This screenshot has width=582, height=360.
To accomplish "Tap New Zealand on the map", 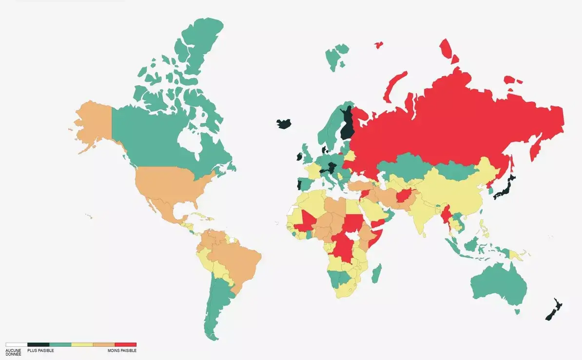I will click(x=554, y=310).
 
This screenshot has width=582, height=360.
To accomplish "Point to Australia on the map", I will click(x=500, y=283).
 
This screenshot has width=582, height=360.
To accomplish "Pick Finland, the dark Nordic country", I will click(x=347, y=125).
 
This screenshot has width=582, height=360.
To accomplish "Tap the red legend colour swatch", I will click(x=125, y=345).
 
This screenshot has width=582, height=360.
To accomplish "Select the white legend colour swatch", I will click(x=16, y=345).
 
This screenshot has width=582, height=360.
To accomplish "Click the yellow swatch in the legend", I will click(x=82, y=345).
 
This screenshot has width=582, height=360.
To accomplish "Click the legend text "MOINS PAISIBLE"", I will click(x=122, y=351).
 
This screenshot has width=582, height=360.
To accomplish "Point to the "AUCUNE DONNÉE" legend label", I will click(x=14, y=352).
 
